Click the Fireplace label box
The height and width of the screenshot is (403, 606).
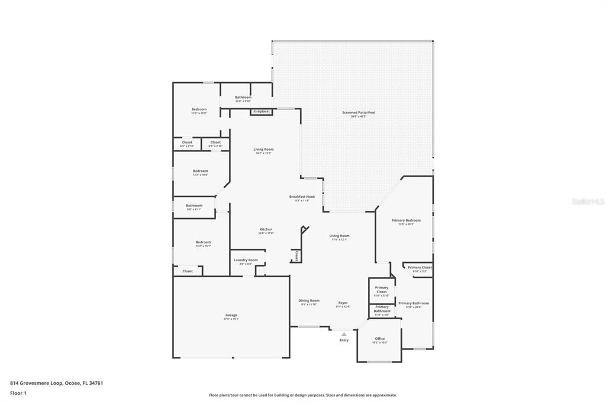261,112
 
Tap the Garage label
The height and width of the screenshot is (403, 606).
231,316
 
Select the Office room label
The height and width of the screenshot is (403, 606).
380,340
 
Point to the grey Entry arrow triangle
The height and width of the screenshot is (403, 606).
344,334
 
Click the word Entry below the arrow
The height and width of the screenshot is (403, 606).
344,340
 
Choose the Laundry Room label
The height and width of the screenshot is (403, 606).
246,261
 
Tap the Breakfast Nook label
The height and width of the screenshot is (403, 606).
302,198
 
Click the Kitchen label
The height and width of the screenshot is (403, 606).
266,230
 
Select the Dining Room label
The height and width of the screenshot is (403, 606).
309,302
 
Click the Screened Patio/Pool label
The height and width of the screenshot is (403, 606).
358,113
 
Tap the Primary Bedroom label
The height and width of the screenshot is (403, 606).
406,222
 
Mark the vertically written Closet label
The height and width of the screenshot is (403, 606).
296,255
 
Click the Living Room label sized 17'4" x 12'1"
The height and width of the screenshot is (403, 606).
339,237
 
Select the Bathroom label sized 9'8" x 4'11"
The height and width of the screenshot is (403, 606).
194,207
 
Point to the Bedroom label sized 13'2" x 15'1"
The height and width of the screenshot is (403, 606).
203,243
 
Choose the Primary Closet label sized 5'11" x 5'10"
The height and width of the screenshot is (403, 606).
382,291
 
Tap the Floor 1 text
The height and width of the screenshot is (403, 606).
17,393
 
